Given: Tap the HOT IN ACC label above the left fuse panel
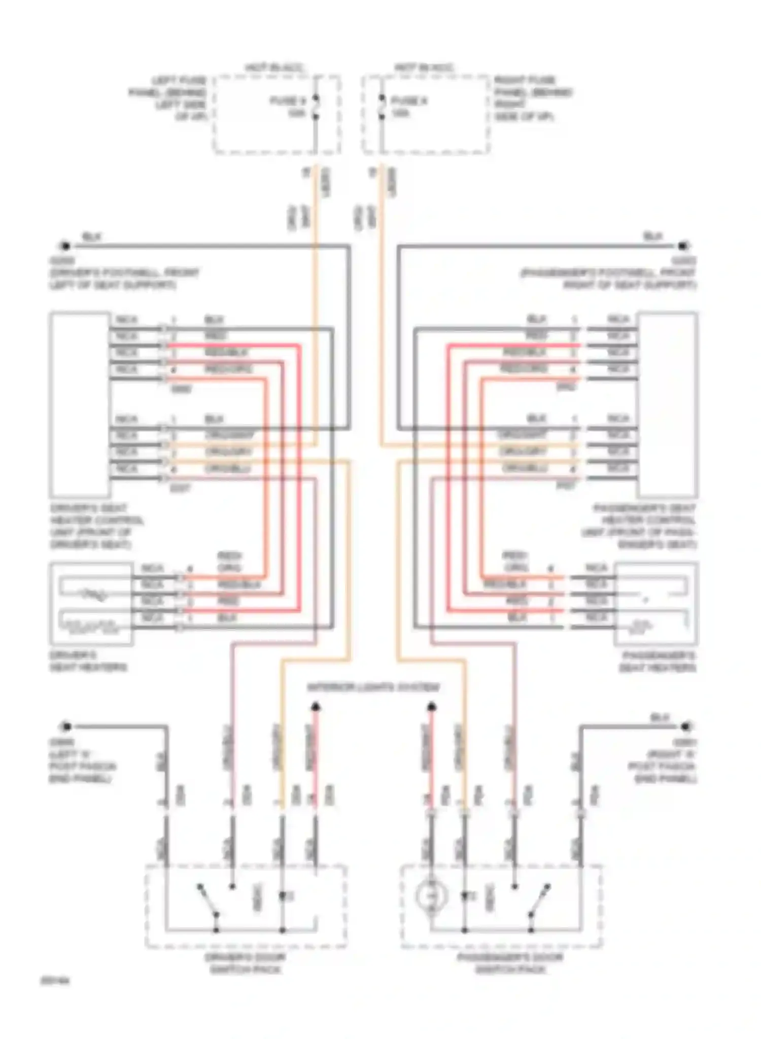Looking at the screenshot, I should (x=274, y=68).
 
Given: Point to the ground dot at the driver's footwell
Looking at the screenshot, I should (x=65, y=247).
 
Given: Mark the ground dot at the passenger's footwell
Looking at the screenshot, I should (x=683, y=247).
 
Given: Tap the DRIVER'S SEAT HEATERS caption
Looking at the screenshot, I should (x=87, y=661).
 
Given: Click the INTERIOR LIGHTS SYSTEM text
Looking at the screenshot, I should (x=373, y=687).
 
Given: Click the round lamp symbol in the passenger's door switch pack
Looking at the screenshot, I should (x=431, y=896).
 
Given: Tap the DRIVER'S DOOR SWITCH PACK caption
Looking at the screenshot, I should (x=246, y=963).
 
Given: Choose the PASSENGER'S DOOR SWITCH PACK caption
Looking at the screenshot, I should (x=510, y=963).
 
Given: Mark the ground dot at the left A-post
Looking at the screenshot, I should (x=65, y=726).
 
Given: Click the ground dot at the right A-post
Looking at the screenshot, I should (x=686, y=726).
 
